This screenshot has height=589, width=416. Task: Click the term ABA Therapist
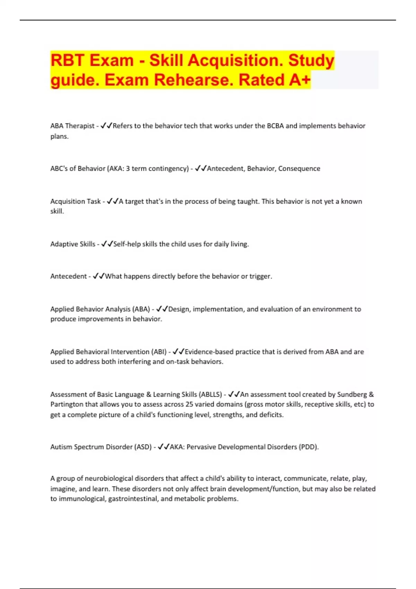click(x=72, y=126)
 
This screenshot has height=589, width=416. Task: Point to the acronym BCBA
click(x=275, y=126)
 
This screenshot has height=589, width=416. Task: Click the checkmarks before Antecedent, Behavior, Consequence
click(x=201, y=169)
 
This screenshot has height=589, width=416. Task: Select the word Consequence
click(x=299, y=169)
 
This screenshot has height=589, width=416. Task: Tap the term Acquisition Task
click(x=75, y=202)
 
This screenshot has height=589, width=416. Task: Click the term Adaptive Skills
click(x=72, y=244)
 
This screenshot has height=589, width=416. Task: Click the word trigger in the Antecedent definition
click(x=260, y=276)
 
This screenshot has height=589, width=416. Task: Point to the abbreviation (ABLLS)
click(x=211, y=395)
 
